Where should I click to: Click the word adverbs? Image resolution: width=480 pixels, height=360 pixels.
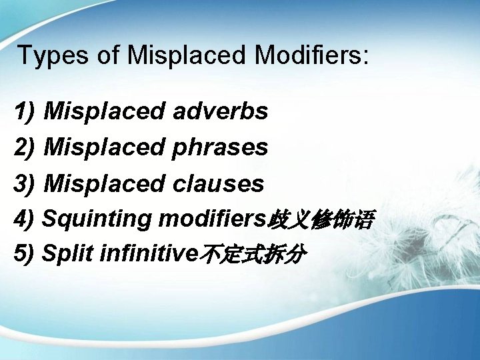[220, 111]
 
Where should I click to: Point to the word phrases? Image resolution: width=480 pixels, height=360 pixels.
[220, 147]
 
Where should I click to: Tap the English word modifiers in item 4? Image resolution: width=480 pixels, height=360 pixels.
[212, 218]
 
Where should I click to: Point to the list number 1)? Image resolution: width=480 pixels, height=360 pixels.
[25, 112]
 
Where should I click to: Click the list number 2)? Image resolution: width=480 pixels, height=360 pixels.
[25, 148]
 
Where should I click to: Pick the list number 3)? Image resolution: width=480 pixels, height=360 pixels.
[25, 184]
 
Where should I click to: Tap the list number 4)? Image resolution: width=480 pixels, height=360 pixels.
[25, 219]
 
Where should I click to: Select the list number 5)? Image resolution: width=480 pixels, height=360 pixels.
[25, 254]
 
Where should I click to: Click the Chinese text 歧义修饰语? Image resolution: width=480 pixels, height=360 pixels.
[321, 219]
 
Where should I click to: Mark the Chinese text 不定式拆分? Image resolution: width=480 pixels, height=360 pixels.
[253, 255]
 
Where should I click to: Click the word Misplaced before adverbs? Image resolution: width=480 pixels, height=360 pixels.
[104, 111]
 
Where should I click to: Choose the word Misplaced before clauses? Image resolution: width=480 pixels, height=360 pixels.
[104, 183]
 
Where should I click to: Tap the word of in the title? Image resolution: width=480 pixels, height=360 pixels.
[108, 55]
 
